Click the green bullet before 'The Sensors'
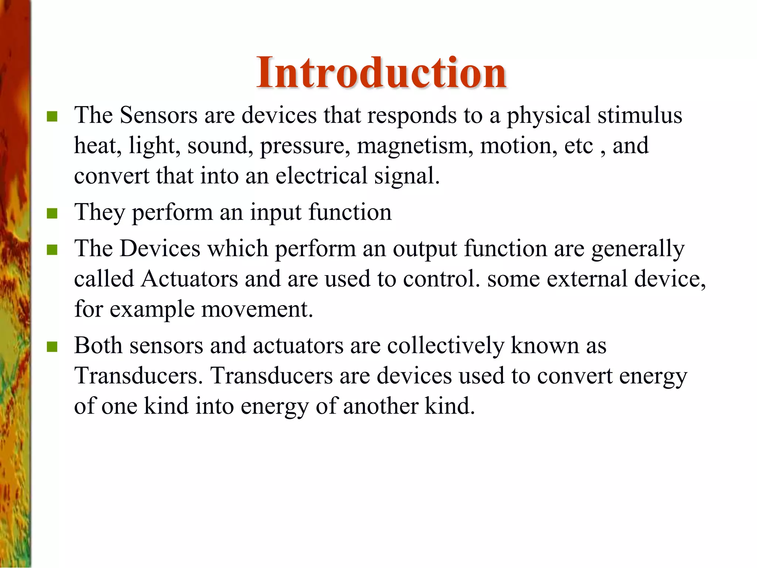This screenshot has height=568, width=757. (52, 117)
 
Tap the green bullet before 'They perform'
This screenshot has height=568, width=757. (52, 214)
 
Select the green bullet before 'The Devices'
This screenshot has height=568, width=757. (52, 250)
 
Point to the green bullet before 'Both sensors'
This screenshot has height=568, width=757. (52, 347)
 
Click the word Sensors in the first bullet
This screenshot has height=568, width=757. (159, 115)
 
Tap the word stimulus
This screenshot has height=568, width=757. (640, 115)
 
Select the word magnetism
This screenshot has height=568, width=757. (415, 146)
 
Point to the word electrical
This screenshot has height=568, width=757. (321, 176)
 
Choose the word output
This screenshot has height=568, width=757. (425, 249)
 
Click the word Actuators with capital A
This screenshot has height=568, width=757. (189, 278)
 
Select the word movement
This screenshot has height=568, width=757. (257, 309)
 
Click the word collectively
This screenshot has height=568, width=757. (445, 346)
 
